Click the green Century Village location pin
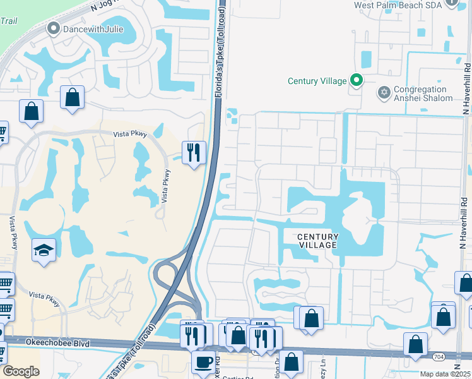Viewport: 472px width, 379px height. [357, 80]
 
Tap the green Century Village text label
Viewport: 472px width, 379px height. [317, 81]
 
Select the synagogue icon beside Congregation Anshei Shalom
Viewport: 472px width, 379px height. [383, 93]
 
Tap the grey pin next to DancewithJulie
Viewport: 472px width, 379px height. [54, 28]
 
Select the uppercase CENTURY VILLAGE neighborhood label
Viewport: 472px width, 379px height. [318, 241]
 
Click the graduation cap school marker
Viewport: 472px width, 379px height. [44, 250]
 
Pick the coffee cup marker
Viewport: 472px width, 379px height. [203, 362]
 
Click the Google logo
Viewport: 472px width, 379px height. [21, 371]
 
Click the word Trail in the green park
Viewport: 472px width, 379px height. [8, 20]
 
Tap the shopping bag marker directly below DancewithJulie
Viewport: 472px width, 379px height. [73, 97]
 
